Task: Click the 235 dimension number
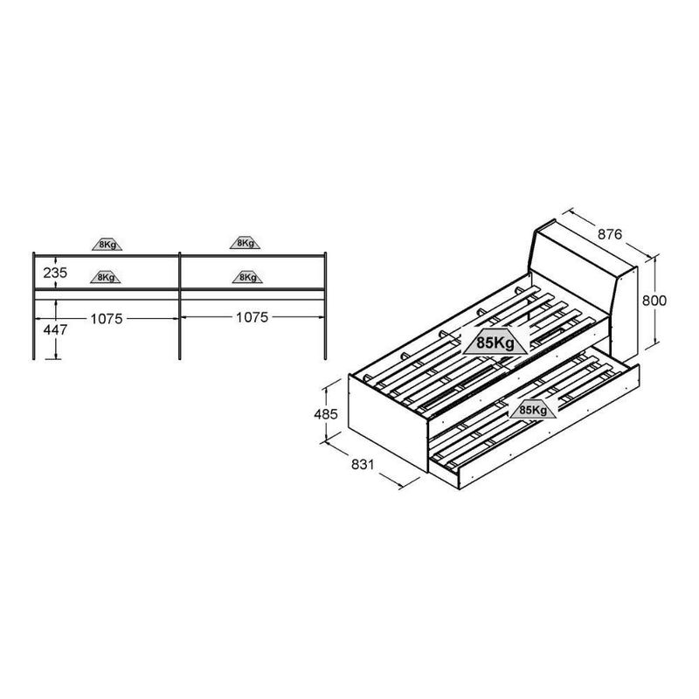tap(55, 273)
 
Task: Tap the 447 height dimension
tap(55, 330)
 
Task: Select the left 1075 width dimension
tap(107, 319)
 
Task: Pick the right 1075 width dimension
tap(252, 317)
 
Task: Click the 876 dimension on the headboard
tap(609, 234)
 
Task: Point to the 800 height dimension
tap(654, 301)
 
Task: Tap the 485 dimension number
tap(326, 414)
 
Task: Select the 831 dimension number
tap(363, 465)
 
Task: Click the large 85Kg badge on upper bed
tap(495, 343)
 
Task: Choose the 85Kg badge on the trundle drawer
tap(533, 410)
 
